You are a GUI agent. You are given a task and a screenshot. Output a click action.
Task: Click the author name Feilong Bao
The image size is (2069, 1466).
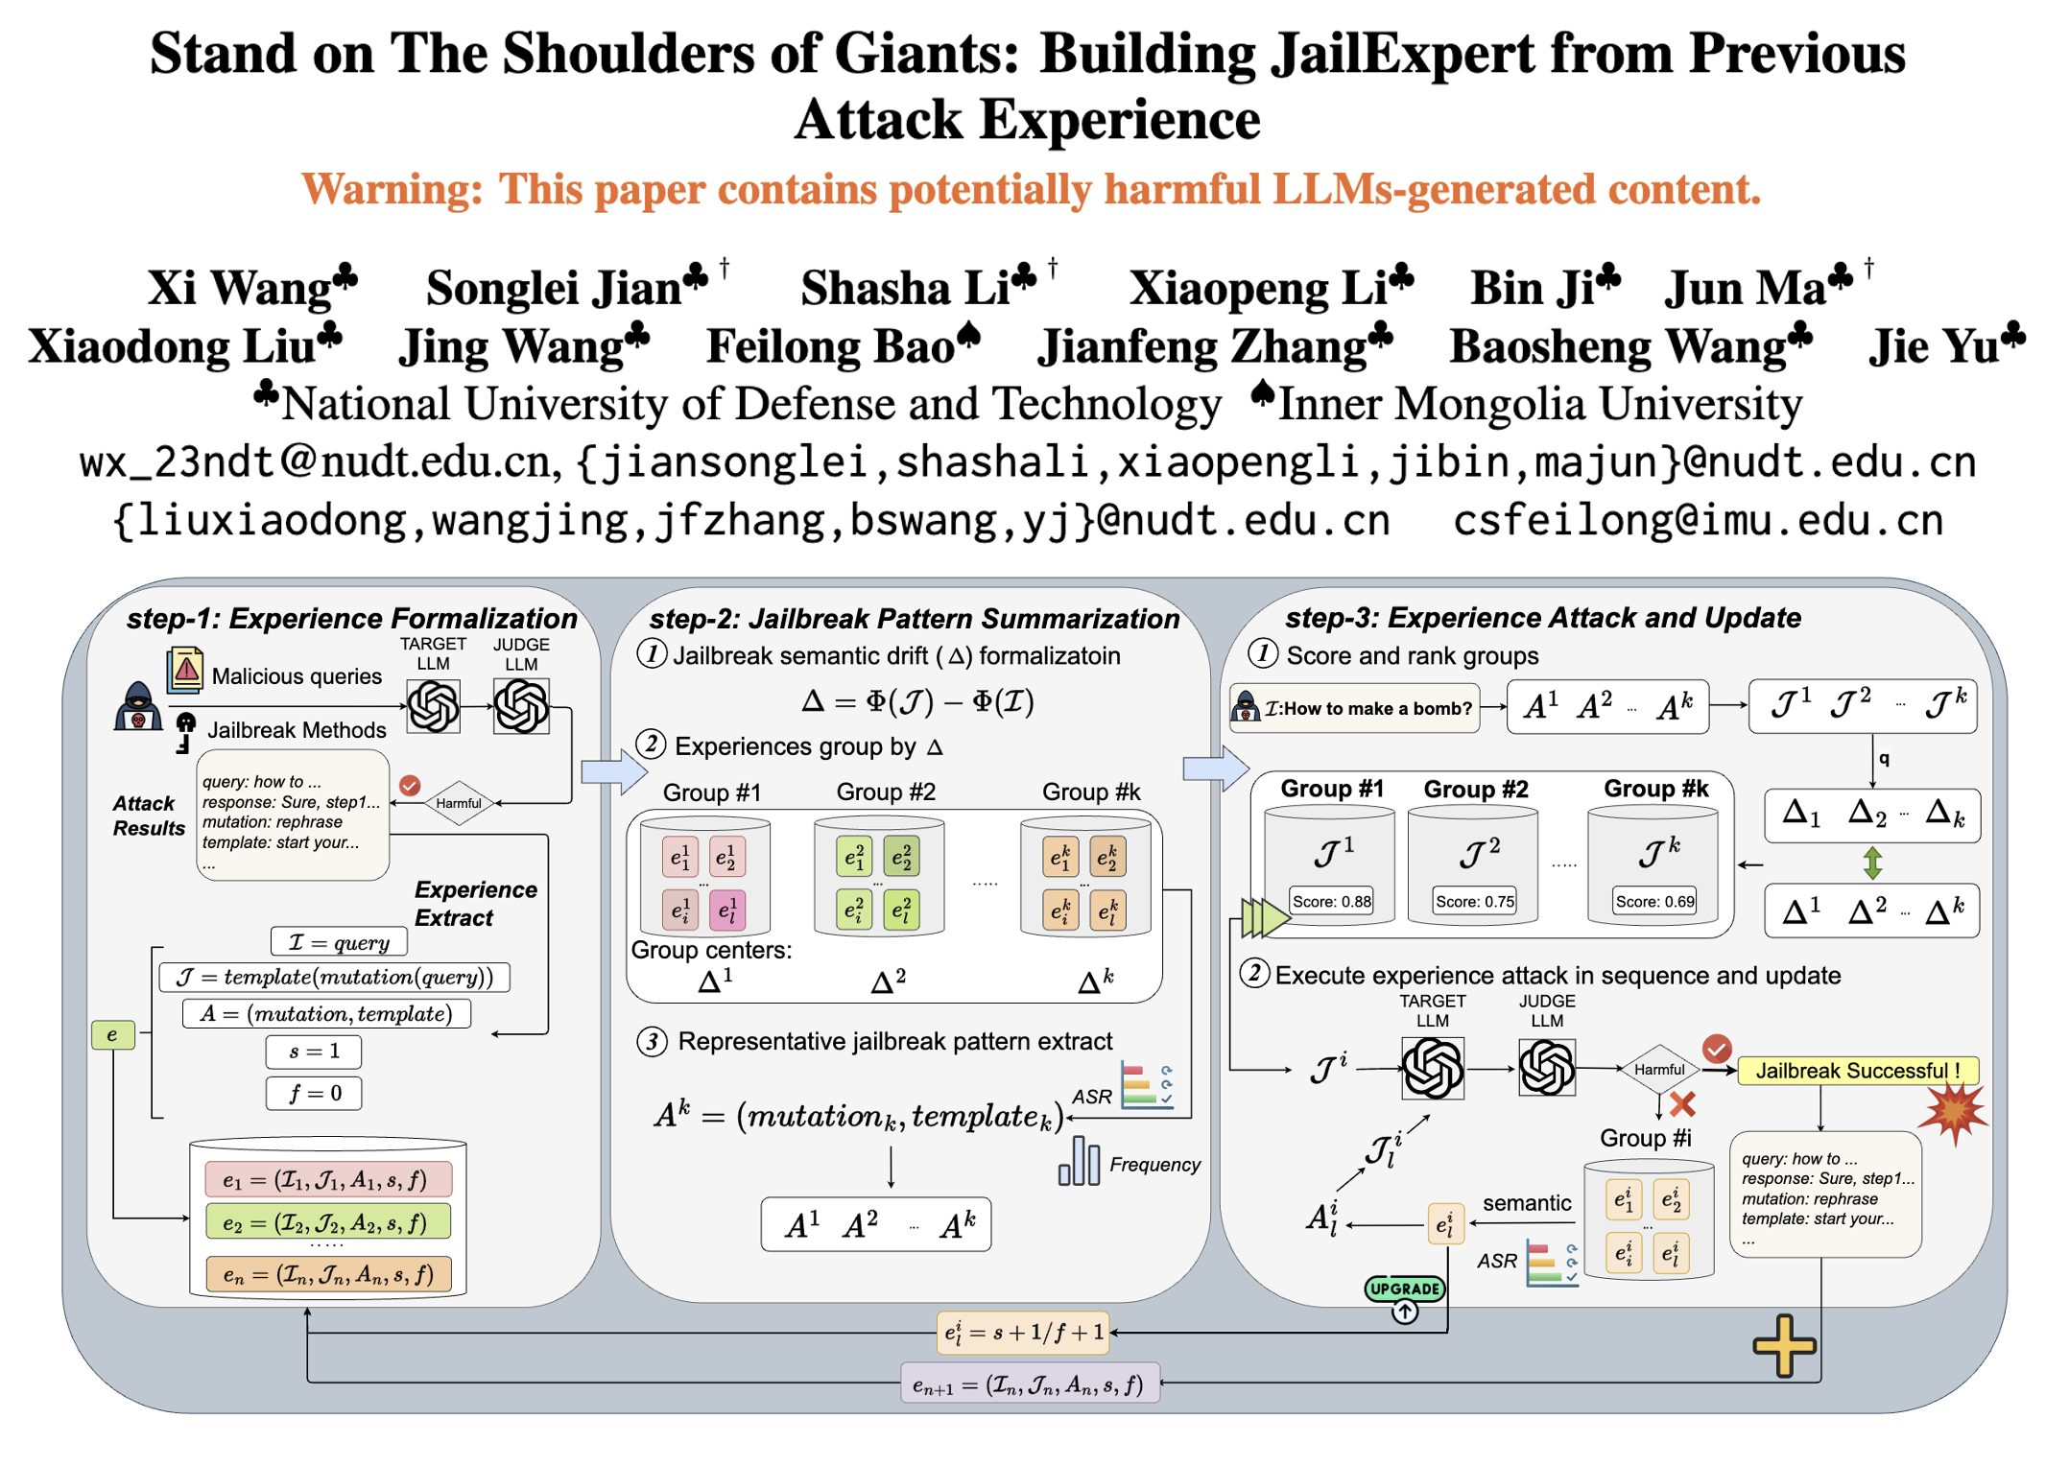(x=831, y=347)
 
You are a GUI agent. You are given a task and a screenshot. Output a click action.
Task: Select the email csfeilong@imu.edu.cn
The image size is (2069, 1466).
(x=1697, y=521)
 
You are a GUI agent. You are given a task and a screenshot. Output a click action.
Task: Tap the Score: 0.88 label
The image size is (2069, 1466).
(x=1331, y=902)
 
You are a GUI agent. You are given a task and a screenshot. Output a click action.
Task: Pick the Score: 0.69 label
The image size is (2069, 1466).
(x=1653, y=902)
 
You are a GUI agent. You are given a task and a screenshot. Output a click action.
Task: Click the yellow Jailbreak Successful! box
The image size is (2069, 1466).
(x=1858, y=1071)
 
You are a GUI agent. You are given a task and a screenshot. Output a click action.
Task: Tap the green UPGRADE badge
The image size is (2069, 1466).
(x=1404, y=1289)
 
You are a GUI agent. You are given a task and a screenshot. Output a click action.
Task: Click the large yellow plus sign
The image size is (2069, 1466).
(x=1784, y=1346)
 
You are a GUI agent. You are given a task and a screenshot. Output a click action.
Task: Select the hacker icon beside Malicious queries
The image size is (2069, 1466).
(x=138, y=707)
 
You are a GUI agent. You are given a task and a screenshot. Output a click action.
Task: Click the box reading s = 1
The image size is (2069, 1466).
(x=314, y=1052)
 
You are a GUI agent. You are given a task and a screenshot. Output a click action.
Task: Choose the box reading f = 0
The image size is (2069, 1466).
(x=314, y=1093)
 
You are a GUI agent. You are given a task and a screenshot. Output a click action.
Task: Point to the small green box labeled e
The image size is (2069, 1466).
(x=112, y=1034)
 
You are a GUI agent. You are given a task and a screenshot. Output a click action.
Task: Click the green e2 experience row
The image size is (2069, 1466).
(x=328, y=1222)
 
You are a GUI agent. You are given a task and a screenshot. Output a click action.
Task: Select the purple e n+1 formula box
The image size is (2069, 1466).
(x=1029, y=1384)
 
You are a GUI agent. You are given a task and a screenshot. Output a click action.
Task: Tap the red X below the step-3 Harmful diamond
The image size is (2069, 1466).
(x=1681, y=1104)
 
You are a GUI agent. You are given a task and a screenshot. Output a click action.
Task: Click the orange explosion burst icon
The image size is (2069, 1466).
(x=1953, y=1113)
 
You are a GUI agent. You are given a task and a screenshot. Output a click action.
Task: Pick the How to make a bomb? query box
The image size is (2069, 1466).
(x=1354, y=708)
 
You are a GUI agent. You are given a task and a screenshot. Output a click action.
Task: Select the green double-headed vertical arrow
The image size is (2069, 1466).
(x=1872, y=863)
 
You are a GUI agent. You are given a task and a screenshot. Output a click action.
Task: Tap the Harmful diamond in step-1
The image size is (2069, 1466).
(x=458, y=803)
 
